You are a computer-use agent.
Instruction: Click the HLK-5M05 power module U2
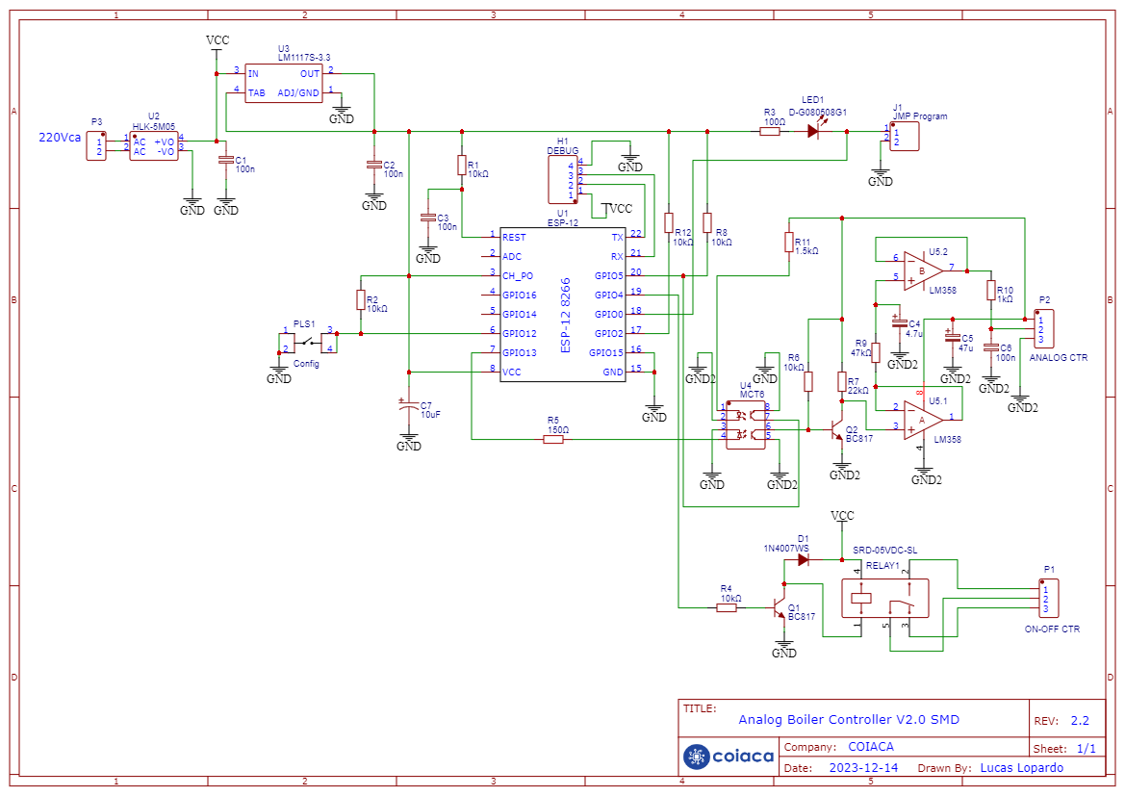pyautogui.click(x=154, y=146)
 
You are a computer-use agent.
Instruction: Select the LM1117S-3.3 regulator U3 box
pyautogui.click(x=284, y=83)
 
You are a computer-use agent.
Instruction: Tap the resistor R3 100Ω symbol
pyautogui.click(x=770, y=132)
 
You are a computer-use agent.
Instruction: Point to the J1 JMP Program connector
pyautogui.click(x=905, y=137)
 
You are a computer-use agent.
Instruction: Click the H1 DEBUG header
pyautogui.click(x=562, y=179)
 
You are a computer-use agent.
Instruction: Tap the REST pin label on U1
pyautogui.click(x=514, y=237)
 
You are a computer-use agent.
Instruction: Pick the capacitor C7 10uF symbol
pyautogui.click(x=409, y=408)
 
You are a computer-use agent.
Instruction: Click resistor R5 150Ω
pyautogui.click(x=553, y=440)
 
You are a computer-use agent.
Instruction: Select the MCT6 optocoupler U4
pyautogui.click(x=745, y=425)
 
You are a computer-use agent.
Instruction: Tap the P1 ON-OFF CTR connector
pyautogui.click(x=1053, y=599)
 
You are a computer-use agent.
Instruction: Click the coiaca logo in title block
pyautogui.click(x=729, y=757)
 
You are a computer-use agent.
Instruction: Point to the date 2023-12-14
pyautogui.click(x=863, y=768)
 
